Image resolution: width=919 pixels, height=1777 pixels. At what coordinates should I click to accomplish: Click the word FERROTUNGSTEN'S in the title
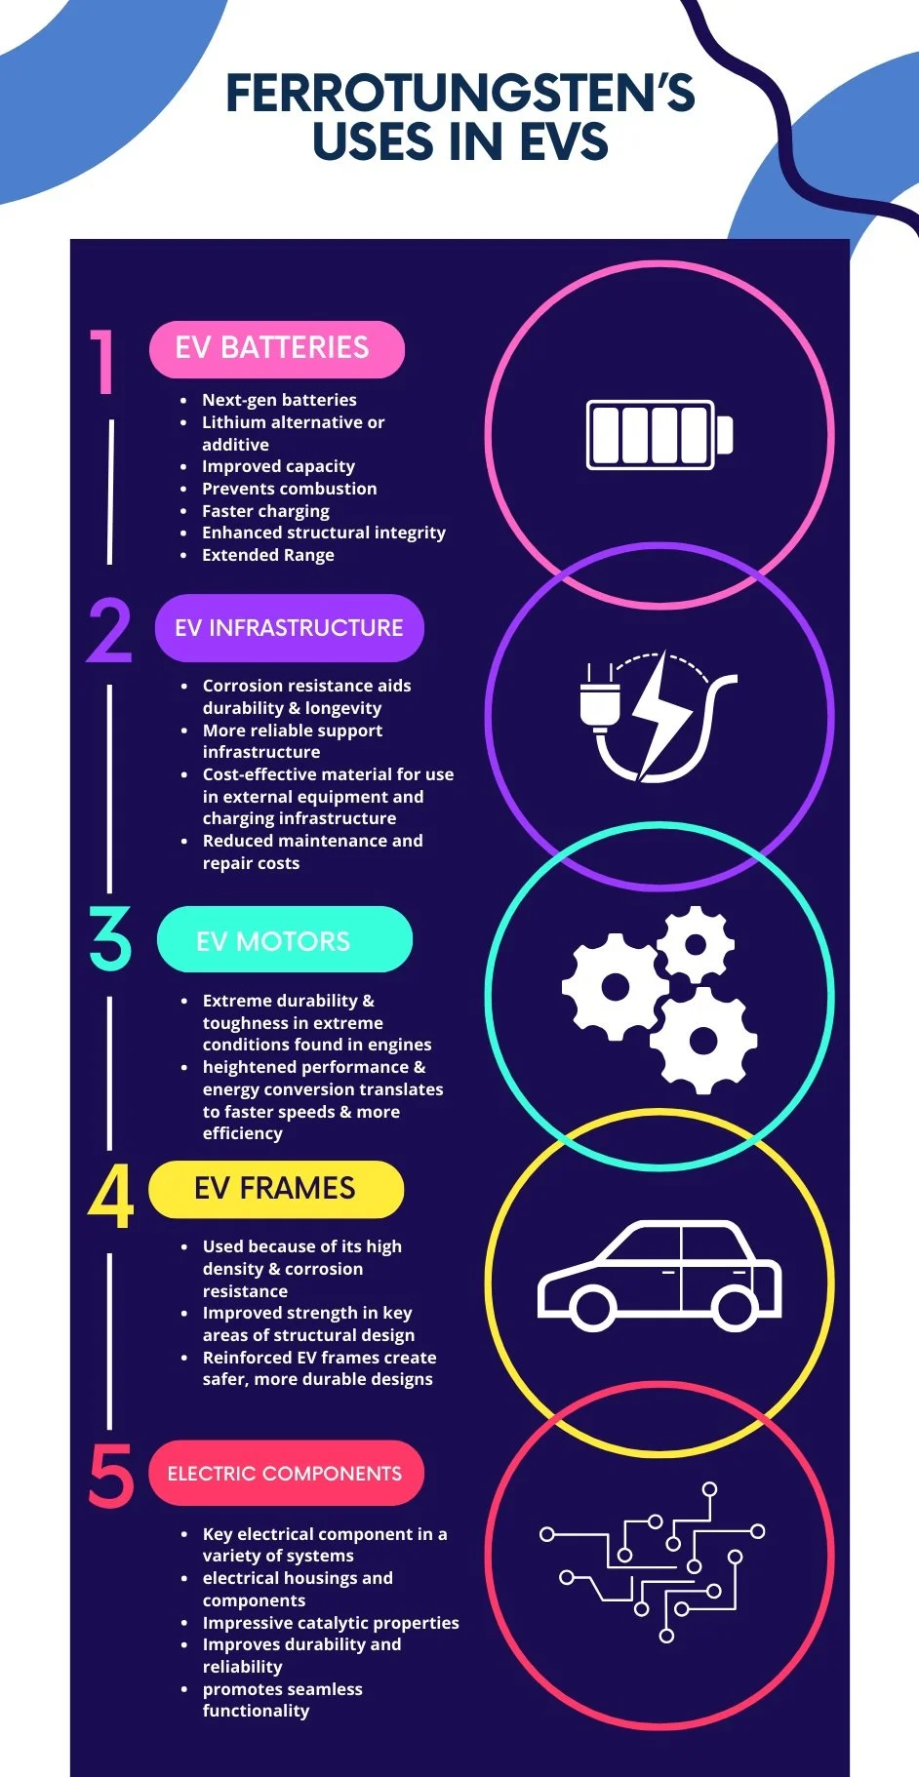(x=459, y=94)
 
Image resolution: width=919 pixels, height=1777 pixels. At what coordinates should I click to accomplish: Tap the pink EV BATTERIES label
(x=276, y=348)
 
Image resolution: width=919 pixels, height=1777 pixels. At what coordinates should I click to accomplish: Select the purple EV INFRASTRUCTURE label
(x=289, y=627)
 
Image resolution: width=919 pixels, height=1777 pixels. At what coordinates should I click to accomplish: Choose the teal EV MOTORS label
(x=284, y=940)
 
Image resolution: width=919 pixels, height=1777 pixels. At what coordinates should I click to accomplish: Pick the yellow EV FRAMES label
(x=275, y=1189)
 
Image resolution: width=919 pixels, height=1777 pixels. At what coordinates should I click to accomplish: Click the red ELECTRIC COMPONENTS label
(x=285, y=1473)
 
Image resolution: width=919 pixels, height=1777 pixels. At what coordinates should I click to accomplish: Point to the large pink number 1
(x=103, y=362)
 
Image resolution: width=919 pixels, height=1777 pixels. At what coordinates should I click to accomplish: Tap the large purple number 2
(x=109, y=631)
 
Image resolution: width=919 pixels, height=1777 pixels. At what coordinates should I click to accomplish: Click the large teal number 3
(x=110, y=939)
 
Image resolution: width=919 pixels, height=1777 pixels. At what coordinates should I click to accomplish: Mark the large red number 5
(x=111, y=1476)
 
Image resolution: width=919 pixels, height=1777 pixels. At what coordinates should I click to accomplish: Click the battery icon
(x=659, y=435)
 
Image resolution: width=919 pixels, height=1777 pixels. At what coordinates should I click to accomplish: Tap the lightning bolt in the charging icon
(x=663, y=715)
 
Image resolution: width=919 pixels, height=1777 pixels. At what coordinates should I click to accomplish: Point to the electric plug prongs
(x=598, y=673)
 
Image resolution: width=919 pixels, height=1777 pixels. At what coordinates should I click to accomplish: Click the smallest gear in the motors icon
(x=696, y=944)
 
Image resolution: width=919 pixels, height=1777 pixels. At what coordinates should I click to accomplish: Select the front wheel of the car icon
(x=592, y=1307)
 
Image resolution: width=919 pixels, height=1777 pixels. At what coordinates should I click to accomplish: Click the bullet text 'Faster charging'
(x=265, y=511)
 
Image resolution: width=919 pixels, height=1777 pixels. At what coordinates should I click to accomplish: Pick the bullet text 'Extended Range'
(x=267, y=555)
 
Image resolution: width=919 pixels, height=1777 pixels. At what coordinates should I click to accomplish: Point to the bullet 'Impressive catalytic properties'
(x=330, y=1623)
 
